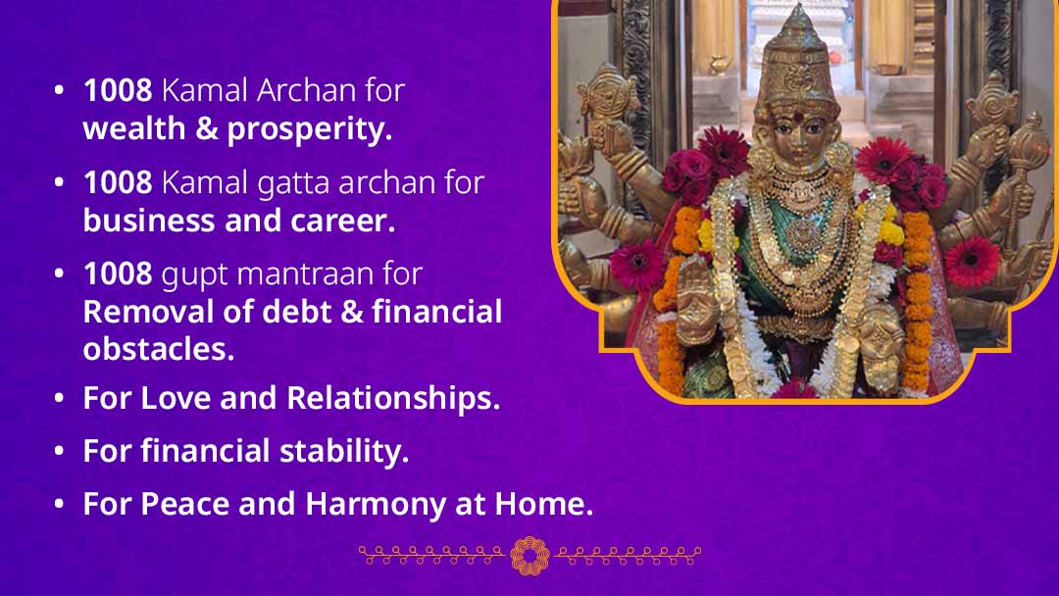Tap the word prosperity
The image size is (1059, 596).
tap(309, 130)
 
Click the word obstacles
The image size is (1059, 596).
tap(159, 349)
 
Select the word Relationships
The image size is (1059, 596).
tap(393, 398)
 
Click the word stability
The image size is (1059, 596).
tap(344, 452)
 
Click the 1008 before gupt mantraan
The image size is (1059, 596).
tap(118, 274)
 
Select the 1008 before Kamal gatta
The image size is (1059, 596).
tap(118, 183)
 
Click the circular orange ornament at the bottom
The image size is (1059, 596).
tap(529, 556)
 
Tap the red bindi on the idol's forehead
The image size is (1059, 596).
tap(798, 116)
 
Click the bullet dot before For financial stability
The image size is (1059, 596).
tap(60, 451)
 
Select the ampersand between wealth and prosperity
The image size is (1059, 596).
tap(206, 129)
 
